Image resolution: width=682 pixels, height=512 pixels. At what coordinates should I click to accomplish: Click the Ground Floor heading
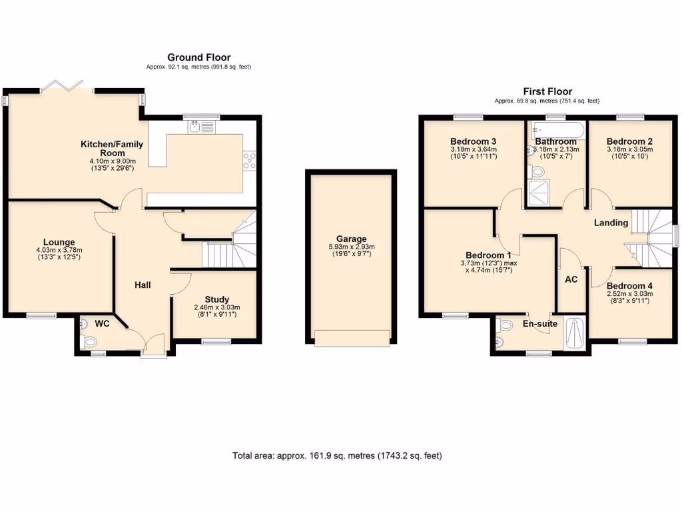[198, 57]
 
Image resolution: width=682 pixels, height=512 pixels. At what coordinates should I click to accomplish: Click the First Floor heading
[547, 91]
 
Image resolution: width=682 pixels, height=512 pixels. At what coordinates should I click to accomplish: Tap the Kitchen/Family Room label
[112, 149]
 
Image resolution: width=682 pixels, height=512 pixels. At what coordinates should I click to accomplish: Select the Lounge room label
[59, 242]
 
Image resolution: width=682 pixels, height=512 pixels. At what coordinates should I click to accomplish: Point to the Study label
[216, 299]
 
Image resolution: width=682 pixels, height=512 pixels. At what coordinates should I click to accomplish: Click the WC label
[102, 323]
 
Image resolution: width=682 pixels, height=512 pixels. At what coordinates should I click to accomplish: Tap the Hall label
[143, 285]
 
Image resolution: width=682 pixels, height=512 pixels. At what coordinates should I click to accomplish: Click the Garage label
[351, 239]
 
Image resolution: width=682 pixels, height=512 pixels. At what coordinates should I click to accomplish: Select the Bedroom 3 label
[473, 141]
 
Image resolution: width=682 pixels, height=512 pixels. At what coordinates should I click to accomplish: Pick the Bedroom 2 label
[629, 141]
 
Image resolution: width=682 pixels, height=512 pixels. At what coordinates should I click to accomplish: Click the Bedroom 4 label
[629, 285]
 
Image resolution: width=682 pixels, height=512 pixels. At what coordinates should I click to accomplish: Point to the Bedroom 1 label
[488, 255]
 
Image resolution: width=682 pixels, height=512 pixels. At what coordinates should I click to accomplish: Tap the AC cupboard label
[571, 281]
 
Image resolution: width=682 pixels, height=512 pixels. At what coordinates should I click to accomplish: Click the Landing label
[611, 223]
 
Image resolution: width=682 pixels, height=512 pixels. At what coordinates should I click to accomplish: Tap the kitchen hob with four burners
[250, 161]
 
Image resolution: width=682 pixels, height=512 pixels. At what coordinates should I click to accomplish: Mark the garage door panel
[351, 338]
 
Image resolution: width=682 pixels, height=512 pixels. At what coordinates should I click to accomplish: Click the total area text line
[336, 456]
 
